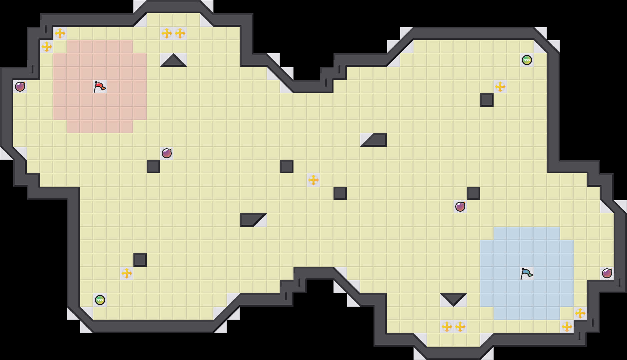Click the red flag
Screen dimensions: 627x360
point(99,87)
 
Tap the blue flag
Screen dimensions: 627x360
point(526,273)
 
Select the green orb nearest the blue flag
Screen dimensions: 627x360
point(527,60)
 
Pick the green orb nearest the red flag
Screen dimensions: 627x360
point(100,300)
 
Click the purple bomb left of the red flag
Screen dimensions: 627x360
point(20,87)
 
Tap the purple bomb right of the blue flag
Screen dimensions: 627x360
point(607,273)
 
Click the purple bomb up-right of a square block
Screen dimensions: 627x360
point(167,153)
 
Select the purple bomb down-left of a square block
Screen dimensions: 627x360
point(460,207)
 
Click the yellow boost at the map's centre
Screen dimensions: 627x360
point(313,180)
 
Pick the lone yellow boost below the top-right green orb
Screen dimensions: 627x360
point(500,87)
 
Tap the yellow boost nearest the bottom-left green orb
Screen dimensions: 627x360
point(127,273)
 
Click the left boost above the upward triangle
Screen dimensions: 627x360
point(167,33)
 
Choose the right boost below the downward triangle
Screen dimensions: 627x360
point(460,327)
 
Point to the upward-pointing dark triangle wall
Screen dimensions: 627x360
point(173,61)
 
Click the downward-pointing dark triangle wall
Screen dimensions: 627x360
point(454,299)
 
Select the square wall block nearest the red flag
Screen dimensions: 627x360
point(153,167)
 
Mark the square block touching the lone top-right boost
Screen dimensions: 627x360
point(487,100)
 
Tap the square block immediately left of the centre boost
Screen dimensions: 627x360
point(287,167)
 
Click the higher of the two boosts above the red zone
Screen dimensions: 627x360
point(60,33)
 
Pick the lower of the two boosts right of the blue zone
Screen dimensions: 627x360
point(567,327)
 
